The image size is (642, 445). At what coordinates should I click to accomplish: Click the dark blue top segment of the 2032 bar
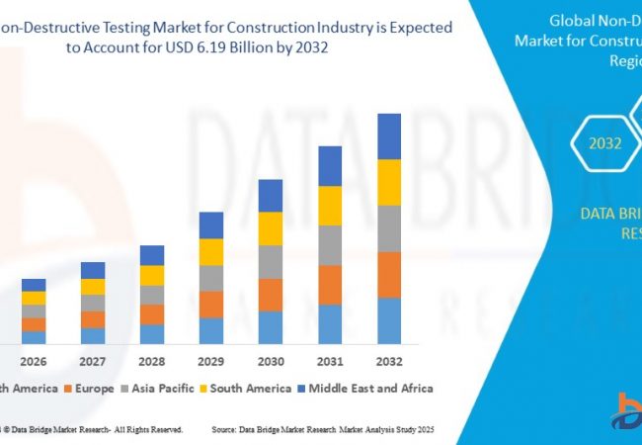[389, 135]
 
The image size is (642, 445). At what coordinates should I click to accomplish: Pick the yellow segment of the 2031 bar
[330, 206]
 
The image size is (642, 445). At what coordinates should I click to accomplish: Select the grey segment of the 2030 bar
[271, 261]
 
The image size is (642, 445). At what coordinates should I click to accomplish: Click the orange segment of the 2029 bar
[211, 304]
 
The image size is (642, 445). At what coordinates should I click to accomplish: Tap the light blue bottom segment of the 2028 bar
[152, 334]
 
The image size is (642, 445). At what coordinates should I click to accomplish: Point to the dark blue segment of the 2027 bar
[93, 270]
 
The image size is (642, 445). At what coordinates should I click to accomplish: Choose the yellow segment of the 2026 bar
[34, 298]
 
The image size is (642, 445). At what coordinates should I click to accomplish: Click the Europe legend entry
[90, 389]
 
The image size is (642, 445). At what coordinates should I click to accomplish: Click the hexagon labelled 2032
[605, 143]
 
